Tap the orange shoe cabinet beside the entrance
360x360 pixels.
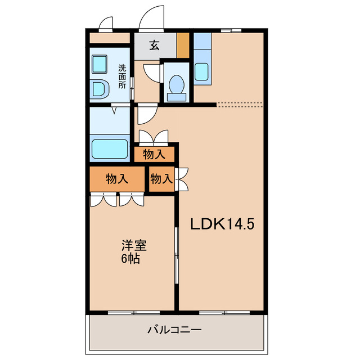(x=183, y=46)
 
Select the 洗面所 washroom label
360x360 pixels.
(x=121, y=77)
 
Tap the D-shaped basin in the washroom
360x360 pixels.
(x=100, y=89)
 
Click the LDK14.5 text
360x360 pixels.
(x=222, y=224)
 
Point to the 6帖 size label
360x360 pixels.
(x=130, y=259)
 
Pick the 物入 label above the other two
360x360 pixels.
(x=154, y=154)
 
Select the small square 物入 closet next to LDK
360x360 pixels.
(x=161, y=179)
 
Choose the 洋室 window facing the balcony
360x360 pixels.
(x=131, y=312)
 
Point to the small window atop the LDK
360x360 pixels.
(x=231, y=29)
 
